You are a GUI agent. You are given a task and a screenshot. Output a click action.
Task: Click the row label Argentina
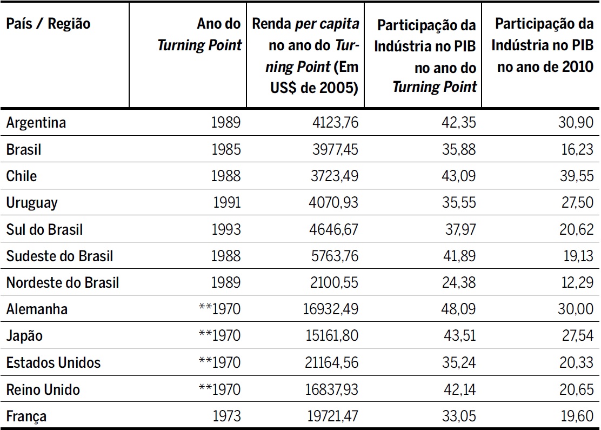(36, 123)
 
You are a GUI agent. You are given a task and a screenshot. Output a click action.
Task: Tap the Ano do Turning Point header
(200, 35)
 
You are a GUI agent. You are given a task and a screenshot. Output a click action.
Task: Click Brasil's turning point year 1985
(226, 150)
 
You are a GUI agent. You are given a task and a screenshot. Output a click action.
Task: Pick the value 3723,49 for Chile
(335, 176)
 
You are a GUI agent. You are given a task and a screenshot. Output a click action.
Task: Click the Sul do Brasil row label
(45, 230)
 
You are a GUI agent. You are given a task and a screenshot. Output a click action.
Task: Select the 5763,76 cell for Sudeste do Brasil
(335, 256)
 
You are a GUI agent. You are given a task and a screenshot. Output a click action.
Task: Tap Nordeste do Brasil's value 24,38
(459, 283)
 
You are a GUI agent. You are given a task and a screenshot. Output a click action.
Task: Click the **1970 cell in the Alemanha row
(219, 310)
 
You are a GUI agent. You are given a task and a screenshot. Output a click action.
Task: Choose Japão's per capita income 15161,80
(332, 336)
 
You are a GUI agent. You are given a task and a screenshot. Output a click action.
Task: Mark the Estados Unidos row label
(54, 363)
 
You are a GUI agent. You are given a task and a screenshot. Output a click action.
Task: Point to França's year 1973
(226, 416)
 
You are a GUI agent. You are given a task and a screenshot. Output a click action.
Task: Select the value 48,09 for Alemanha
(459, 310)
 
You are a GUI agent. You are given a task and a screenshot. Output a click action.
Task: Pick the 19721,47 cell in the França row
(332, 416)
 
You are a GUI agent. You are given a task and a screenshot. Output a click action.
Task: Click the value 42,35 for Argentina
(459, 123)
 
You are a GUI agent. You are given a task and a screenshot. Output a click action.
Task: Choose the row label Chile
(22, 176)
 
